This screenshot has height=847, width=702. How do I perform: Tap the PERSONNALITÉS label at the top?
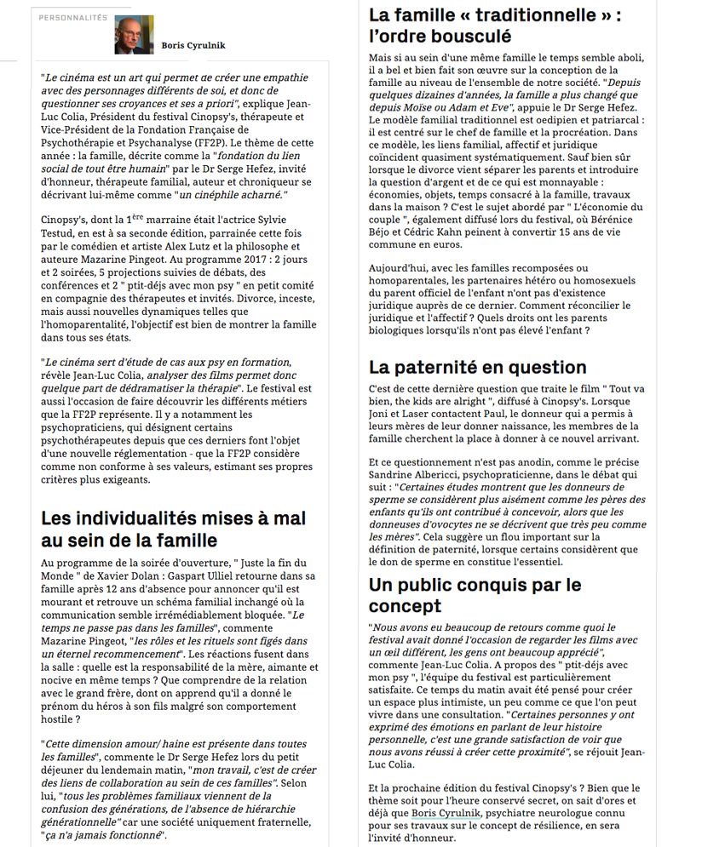[x=73, y=17]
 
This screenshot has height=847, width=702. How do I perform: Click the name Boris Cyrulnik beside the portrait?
[x=193, y=45]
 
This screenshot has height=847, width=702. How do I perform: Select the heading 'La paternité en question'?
[x=477, y=368]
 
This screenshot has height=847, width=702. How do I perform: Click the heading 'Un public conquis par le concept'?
[x=475, y=595]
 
